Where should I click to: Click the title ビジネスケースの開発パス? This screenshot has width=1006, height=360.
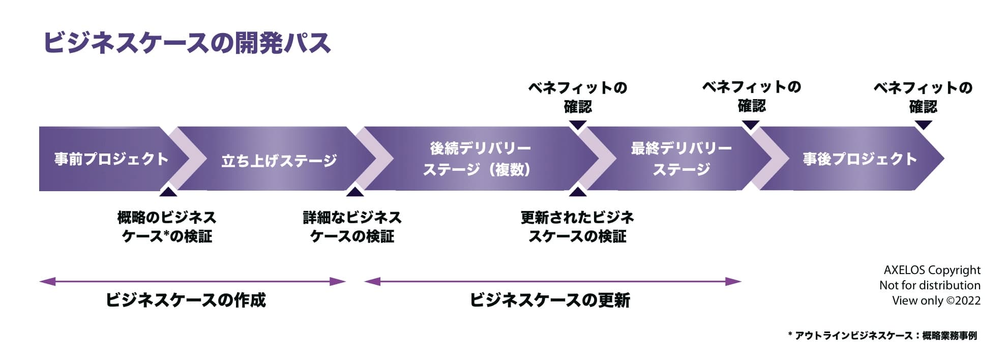click(x=187, y=43)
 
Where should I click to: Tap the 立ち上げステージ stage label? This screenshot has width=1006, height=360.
click(x=279, y=161)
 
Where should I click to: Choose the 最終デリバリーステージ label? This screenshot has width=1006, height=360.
click(x=681, y=159)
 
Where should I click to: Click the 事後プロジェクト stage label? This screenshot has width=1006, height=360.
click(x=860, y=159)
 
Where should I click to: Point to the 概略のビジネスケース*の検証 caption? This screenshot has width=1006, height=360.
click(x=167, y=227)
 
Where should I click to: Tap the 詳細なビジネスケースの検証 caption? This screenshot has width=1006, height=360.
click(x=352, y=227)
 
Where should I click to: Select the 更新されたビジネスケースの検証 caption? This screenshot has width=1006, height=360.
click(x=577, y=227)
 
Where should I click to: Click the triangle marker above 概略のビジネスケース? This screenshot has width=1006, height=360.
click(x=168, y=192)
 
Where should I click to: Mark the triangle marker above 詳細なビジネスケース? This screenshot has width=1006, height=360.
click(x=354, y=192)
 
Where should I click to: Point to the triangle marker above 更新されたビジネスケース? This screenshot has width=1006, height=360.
click(x=577, y=192)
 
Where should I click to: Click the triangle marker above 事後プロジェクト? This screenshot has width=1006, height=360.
click(x=923, y=125)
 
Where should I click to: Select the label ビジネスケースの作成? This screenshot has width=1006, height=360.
click(x=186, y=300)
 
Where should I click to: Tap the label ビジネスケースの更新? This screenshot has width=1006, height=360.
click(x=550, y=300)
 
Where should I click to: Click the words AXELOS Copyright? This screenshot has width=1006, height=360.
click(x=932, y=270)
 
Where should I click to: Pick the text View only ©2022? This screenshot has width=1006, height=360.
click(x=936, y=301)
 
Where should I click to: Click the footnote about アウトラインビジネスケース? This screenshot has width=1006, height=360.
click(x=882, y=336)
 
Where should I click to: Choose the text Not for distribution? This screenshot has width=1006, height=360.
click(x=930, y=285)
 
